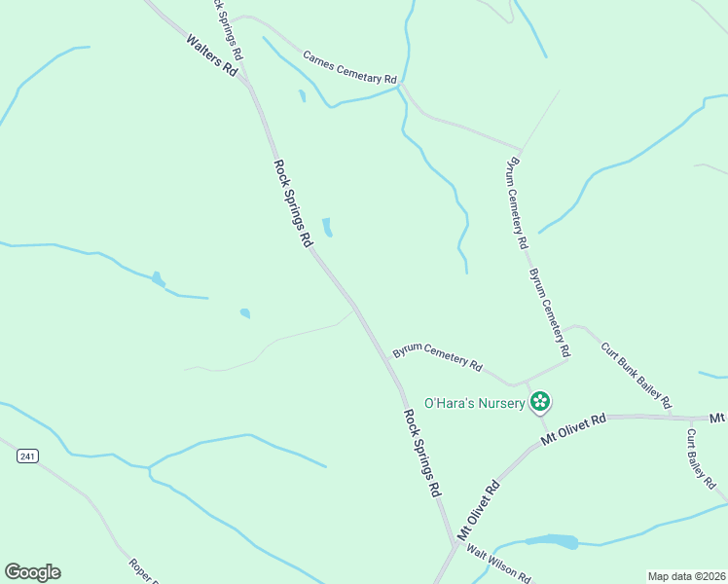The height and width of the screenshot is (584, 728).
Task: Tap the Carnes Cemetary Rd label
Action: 349,66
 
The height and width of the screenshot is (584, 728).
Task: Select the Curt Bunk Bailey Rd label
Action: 636,375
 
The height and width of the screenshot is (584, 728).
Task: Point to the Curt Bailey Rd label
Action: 701,456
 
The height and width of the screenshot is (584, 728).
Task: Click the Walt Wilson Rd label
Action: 497,564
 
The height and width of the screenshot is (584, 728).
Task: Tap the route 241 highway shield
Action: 27,456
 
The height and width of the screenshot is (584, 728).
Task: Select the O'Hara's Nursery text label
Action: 475,403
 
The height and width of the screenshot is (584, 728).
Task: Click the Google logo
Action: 32,572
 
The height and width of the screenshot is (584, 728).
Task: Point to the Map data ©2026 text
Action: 686,575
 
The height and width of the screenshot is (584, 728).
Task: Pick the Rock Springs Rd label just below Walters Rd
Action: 292,202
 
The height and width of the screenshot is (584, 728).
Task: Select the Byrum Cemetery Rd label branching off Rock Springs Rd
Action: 437,357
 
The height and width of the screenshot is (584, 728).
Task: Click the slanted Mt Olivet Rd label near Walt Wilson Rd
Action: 479,511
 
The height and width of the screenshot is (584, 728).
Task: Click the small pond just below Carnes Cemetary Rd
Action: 302,95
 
